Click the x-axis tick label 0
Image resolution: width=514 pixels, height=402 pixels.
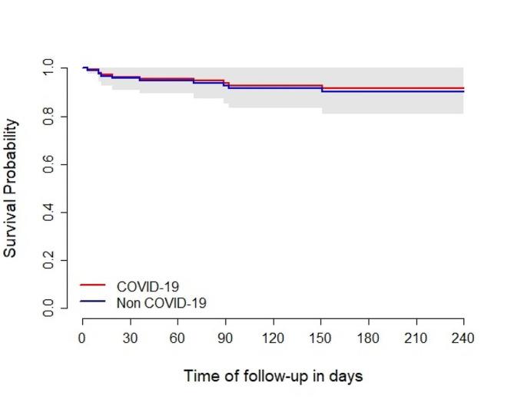82,338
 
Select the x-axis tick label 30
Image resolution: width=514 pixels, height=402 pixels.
130,338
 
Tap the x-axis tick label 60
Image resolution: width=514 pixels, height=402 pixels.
177,338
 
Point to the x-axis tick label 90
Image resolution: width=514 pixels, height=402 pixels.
225,338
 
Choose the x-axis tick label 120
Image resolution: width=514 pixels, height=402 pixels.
273,338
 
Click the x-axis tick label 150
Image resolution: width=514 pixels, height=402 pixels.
320,338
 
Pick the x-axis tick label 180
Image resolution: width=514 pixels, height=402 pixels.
368,338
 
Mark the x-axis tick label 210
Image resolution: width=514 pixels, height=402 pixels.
416,338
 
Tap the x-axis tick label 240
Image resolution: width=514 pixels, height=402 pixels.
463,338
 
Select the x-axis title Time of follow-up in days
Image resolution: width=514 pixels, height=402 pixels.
273,377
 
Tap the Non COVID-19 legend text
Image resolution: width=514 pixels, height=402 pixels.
161,303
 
